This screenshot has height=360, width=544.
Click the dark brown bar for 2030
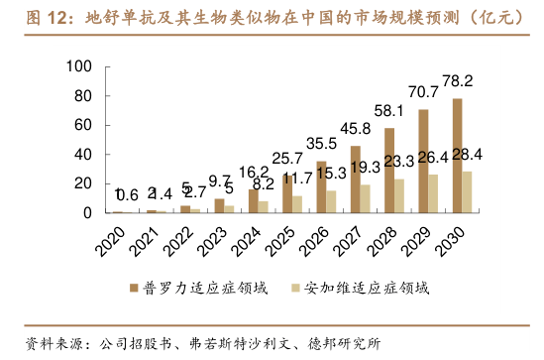(457, 156)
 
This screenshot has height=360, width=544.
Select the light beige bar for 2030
(468, 192)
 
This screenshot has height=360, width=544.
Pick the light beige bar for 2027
(366, 199)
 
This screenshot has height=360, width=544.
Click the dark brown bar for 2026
(321, 187)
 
